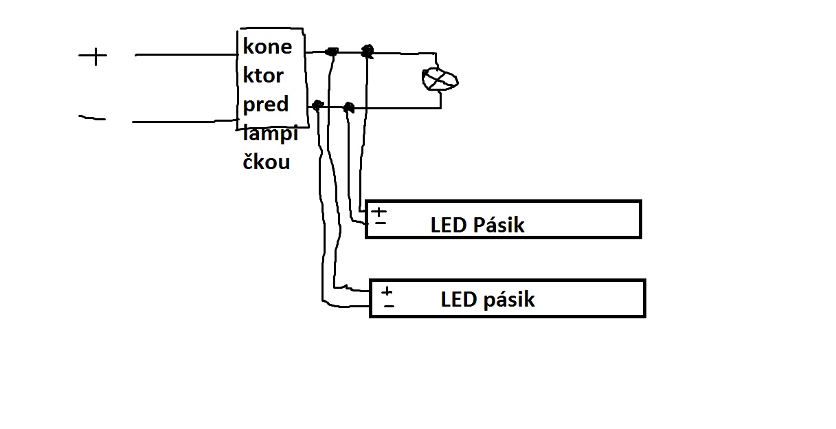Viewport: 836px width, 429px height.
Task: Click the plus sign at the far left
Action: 93,56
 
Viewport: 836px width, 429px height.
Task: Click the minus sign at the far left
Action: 92,118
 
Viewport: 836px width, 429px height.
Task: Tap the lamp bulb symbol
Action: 440,79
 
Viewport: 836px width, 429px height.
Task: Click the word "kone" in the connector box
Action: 267,47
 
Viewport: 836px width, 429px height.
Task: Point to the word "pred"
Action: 266,104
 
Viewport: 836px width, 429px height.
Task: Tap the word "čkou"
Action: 267,162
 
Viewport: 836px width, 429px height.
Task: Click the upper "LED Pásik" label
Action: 477,225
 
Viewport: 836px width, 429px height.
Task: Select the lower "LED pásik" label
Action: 488,300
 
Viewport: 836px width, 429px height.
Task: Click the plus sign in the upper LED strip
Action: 379,211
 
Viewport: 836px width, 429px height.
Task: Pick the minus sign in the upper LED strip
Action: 380,223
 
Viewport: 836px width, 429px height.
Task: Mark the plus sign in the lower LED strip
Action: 387,291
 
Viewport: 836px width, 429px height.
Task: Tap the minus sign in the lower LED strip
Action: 389,305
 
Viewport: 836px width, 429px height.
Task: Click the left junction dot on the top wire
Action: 332,52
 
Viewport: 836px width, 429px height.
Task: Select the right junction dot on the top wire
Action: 368,50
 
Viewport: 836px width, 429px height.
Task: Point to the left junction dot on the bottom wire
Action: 317,105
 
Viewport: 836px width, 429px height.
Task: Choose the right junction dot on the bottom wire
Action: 348,107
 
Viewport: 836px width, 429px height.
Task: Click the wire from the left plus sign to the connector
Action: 185,54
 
